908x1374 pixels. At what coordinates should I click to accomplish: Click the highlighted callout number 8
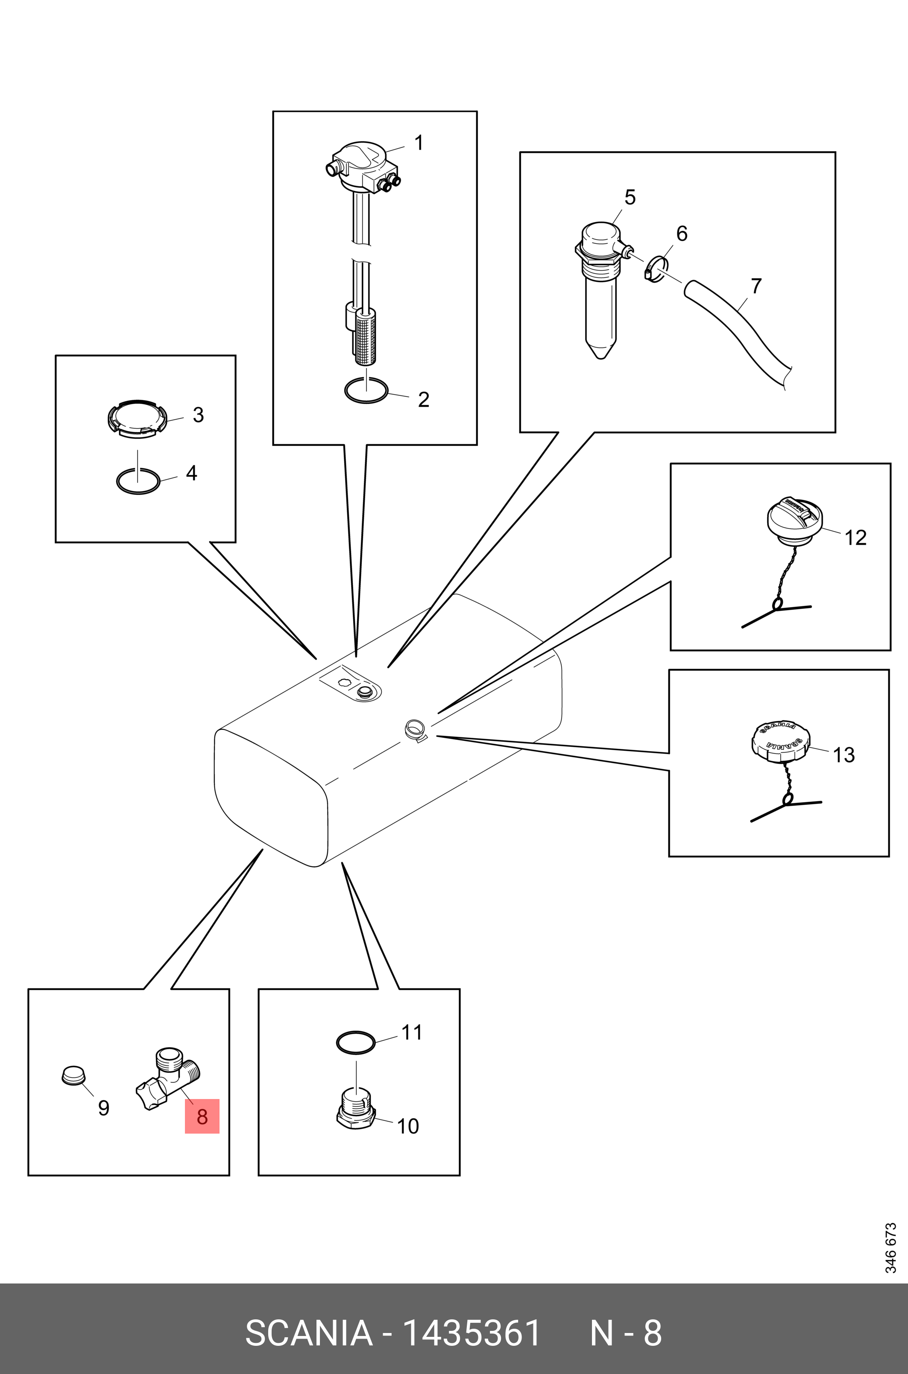[202, 1116]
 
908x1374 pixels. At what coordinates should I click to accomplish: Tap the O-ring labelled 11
[356, 1042]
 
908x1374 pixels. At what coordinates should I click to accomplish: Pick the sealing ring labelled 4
[138, 481]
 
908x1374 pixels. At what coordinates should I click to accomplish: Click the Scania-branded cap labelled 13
[781, 741]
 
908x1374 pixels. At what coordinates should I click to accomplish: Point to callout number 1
[419, 142]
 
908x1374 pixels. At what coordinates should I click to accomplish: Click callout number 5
[630, 197]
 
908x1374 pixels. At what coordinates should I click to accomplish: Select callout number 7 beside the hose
[756, 286]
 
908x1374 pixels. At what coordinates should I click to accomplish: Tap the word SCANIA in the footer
[309, 1333]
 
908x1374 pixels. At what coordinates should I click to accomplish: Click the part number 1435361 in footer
[471, 1333]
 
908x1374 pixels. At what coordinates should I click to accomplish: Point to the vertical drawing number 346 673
[890, 1247]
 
